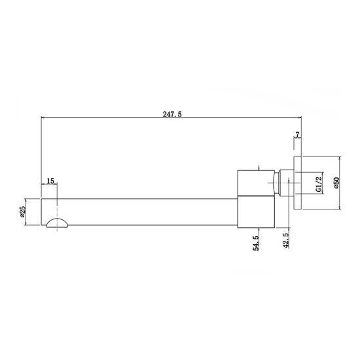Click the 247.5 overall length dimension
pyautogui.click(x=172, y=114)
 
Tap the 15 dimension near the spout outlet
pyautogui.click(x=50, y=181)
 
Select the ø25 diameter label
pyautogui.click(x=22, y=211)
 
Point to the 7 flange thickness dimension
pyautogui.click(x=298, y=135)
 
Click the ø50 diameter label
pyautogui.click(x=337, y=183)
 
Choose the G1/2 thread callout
pyautogui.click(x=319, y=183)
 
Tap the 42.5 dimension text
pyautogui.click(x=286, y=240)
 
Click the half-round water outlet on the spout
pyautogui.click(x=57, y=223)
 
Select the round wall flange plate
pyautogui.click(x=298, y=183)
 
